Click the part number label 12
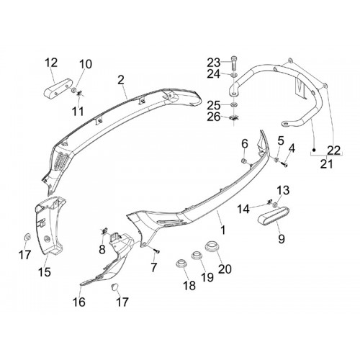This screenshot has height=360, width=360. pyautogui.click(x=51, y=63)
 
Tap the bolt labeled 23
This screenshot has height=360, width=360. pyautogui.click(x=234, y=62)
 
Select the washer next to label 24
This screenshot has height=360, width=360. pyautogui.click(x=234, y=76)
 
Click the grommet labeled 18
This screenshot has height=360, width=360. pyautogui.click(x=181, y=264)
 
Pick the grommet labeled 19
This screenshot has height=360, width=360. pyautogui.click(x=197, y=255)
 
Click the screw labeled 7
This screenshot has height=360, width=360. pyautogui.click(x=157, y=251)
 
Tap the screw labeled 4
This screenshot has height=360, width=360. pyautogui.click(x=284, y=165)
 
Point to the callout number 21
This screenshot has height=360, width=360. pyautogui.click(x=327, y=164)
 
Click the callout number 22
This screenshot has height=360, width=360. pyautogui.click(x=334, y=150)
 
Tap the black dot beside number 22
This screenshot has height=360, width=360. pyautogui.click(x=314, y=150)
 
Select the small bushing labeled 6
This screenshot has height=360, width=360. pyautogui.click(x=244, y=161)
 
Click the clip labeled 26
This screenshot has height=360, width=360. pyautogui.click(x=234, y=117)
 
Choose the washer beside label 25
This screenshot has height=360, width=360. pyautogui.click(x=234, y=104)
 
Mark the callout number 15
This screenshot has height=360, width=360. pyautogui.click(x=45, y=272)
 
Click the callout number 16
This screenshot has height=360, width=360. pyautogui.click(x=79, y=302)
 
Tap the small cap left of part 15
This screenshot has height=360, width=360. pyautogui.click(x=27, y=237)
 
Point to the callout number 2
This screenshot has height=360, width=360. pyautogui.click(x=121, y=80)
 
